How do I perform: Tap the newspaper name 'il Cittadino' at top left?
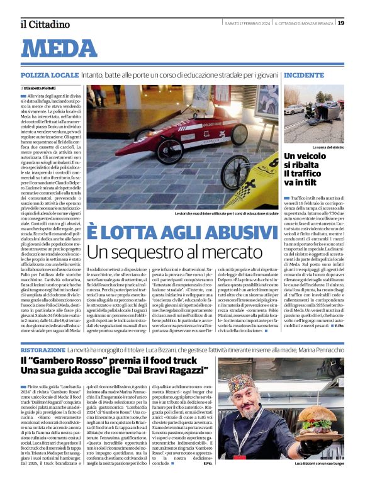click(x=44, y=24)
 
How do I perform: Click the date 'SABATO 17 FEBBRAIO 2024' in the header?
click(x=247, y=23)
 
